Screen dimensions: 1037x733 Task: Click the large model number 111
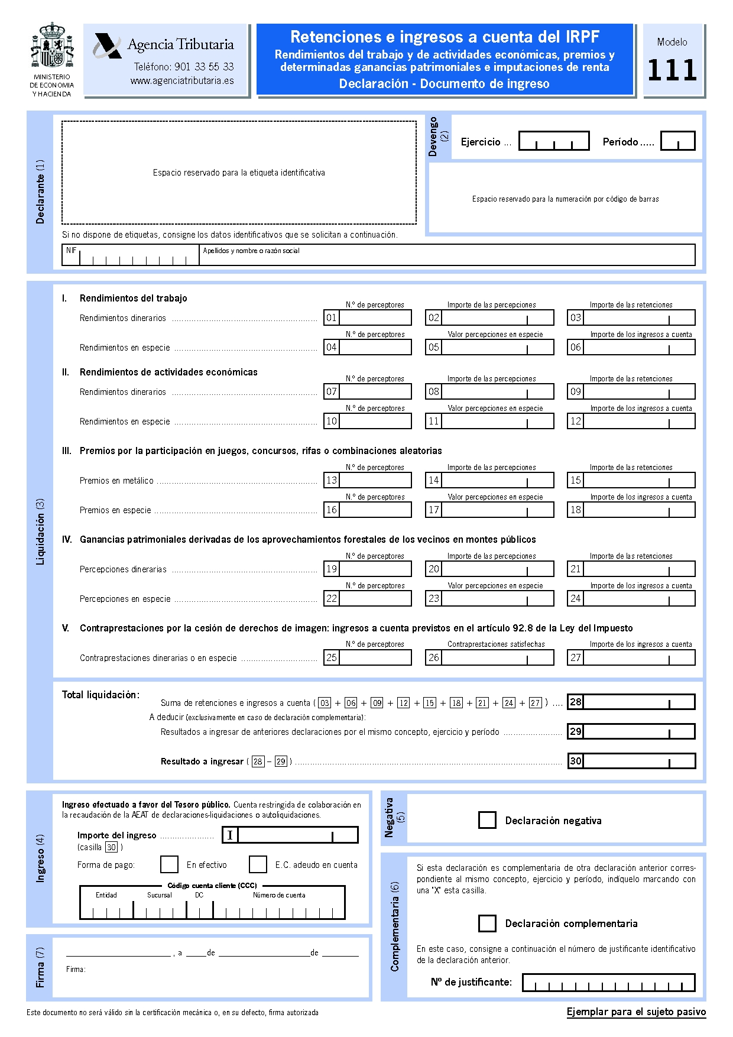(672, 70)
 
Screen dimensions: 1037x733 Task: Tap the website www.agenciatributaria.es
(182, 81)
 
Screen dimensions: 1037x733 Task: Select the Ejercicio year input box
(554, 141)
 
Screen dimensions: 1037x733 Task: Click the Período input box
(677, 141)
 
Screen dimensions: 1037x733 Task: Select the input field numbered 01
(375, 318)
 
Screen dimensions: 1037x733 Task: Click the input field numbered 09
(639, 392)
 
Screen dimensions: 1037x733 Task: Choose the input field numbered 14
(497, 481)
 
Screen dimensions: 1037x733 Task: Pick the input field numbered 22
(375, 599)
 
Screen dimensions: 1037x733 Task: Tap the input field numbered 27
(639, 658)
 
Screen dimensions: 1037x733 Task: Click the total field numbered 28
(639, 702)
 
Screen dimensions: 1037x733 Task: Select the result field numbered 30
(639, 761)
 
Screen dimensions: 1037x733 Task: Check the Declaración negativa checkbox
(487, 821)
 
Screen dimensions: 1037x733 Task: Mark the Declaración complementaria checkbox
(487, 923)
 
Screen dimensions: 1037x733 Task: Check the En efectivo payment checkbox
(169, 864)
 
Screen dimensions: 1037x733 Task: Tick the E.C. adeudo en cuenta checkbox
(258, 864)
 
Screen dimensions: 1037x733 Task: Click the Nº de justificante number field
(609, 983)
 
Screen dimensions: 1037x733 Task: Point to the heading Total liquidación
(100, 695)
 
